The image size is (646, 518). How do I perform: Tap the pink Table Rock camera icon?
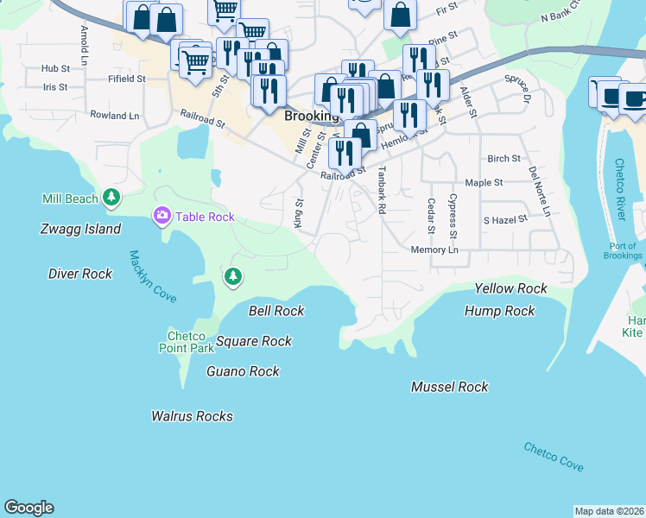161,216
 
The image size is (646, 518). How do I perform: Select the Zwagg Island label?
80,230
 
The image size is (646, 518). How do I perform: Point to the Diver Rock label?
80,274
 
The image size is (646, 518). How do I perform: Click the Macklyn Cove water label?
153,276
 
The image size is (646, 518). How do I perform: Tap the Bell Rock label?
276,311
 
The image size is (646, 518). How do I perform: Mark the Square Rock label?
254,341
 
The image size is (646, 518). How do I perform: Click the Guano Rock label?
244,371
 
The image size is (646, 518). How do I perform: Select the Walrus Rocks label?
192,416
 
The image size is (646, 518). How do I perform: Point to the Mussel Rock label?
449,388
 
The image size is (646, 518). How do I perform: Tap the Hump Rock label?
499,311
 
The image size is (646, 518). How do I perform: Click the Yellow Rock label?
511,288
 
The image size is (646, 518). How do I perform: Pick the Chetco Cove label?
553,457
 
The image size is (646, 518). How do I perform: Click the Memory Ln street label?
434,250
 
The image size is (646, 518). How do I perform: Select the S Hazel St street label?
505,221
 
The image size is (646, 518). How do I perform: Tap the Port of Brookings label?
623,250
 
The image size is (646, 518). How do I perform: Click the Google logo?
28,508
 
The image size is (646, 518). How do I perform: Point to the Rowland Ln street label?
114,115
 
